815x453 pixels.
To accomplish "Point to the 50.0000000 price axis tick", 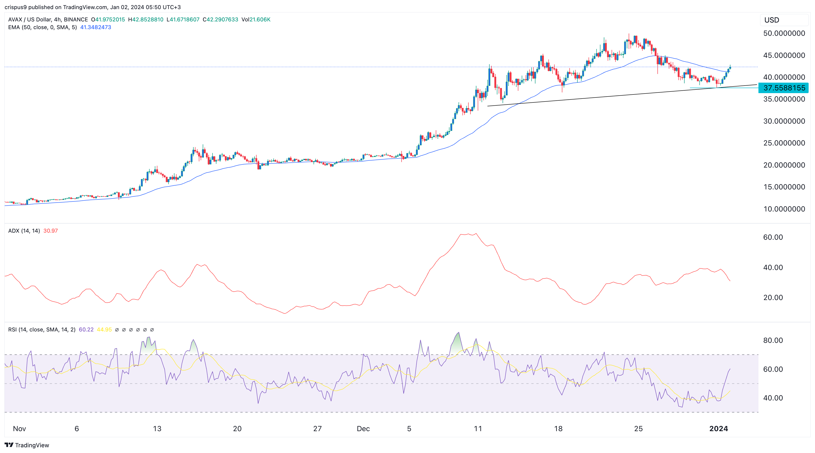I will pyautogui.click(x=784, y=33).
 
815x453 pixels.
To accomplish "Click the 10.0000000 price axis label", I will pyautogui.click(x=784, y=209).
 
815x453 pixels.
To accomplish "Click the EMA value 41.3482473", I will pyautogui.click(x=96, y=27).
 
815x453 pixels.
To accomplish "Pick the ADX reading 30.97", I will pyautogui.click(x=50, y=231).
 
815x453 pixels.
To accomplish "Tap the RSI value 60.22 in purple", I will pyautogui.click(x=86, y=329).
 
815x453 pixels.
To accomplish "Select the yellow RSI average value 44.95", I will pyautogui.click(x=104, y=329).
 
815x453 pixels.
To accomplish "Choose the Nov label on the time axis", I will pyautogui.click(x=19, y=429).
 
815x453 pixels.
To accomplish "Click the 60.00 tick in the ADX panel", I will pyautogui.click(x=773, y=237).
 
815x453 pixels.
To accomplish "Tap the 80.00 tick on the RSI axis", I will pyautogui.click(x=773, y=340).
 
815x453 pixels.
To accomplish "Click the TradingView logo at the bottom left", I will pyautogui.click(x=27, y=445).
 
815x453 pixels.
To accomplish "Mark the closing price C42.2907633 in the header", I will pyautogui.click(x=220, y=19).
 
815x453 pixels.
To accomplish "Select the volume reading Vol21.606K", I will pyautogui.click(x=256, y=19).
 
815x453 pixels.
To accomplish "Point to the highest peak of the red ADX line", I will pyautogui.click(x=475, y=234).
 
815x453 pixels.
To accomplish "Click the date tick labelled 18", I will pyautogui.click(x=558, y=429).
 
